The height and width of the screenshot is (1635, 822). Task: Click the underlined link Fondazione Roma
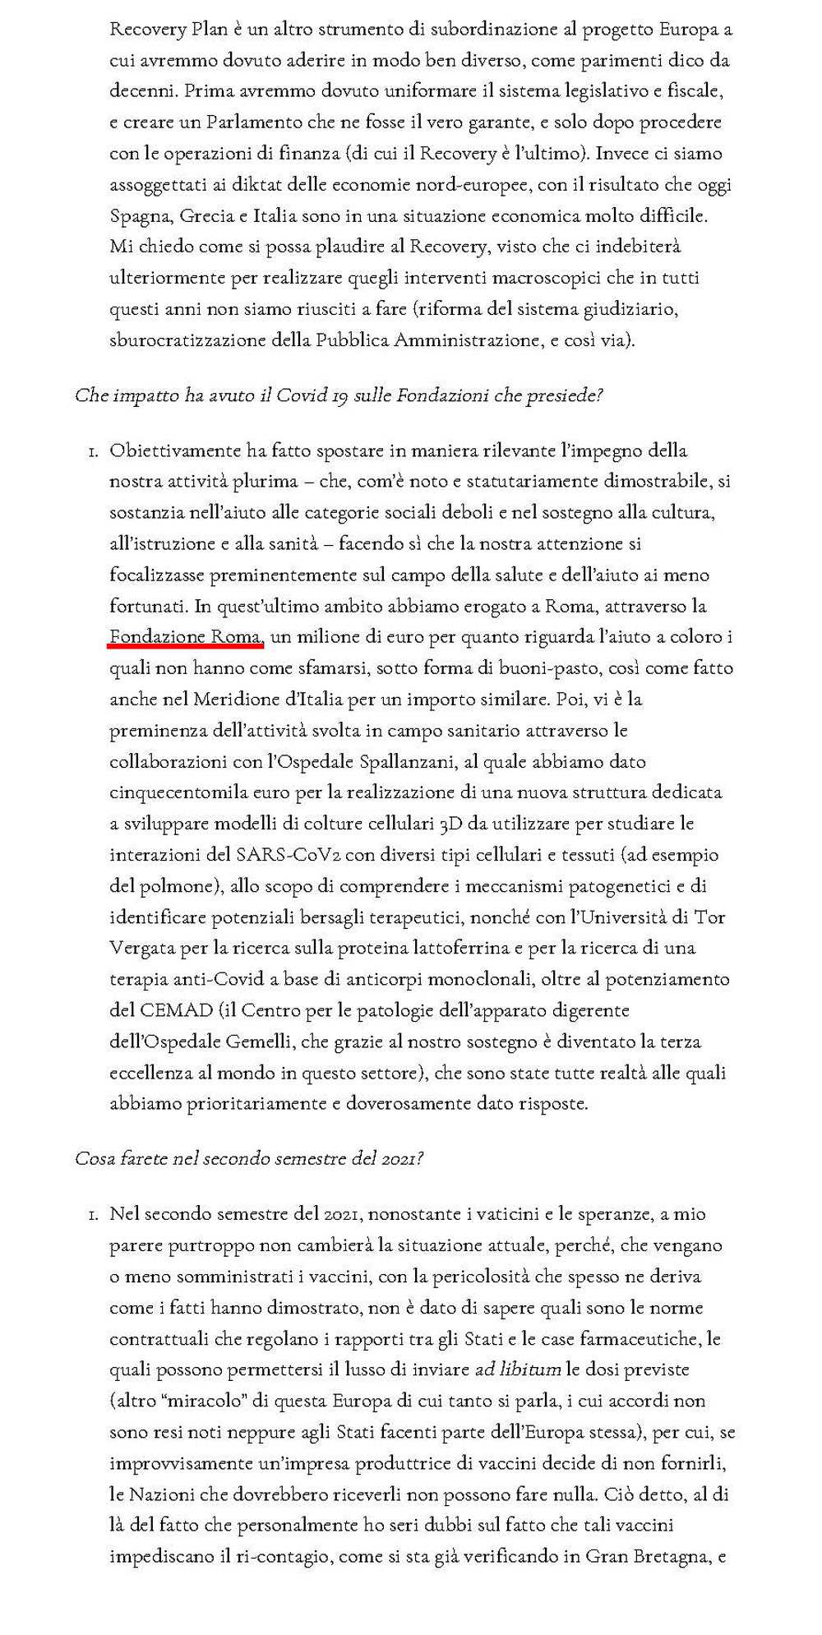(186, 637)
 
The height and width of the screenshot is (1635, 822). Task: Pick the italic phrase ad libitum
(518, 1370)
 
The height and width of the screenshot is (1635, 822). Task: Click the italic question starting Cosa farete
(249, 1159)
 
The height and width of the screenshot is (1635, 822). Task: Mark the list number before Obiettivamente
(93, 451)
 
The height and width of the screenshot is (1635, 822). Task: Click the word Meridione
(238, 700)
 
